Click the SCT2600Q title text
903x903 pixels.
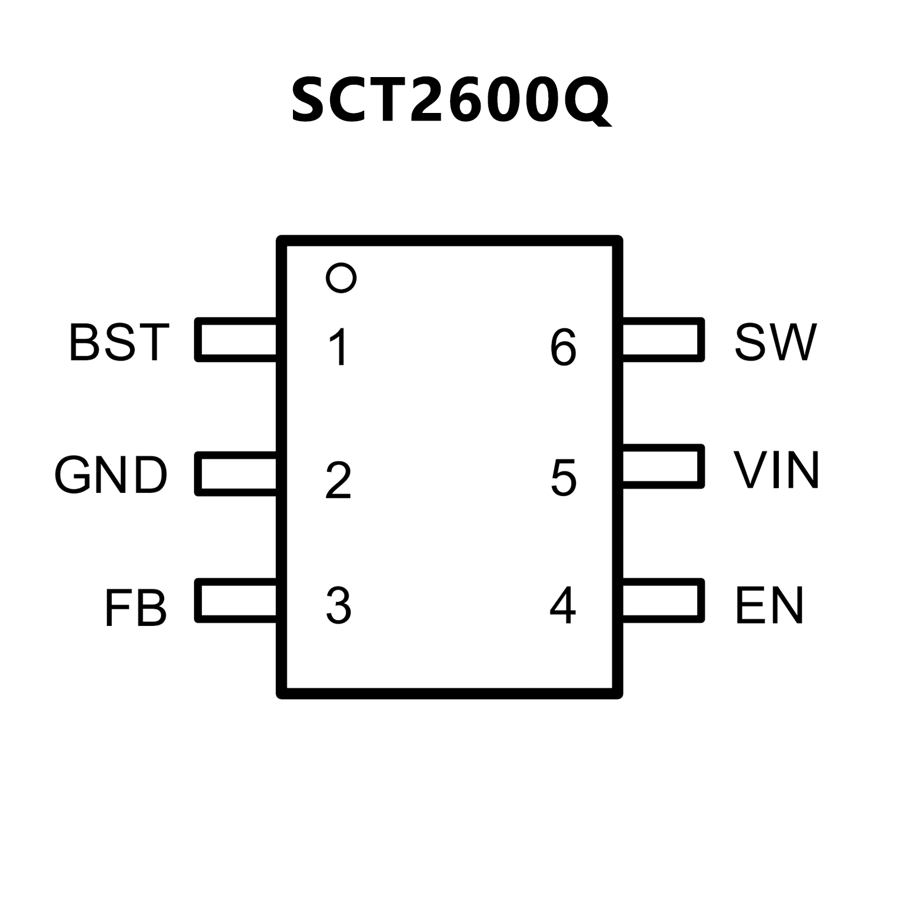(451, 100)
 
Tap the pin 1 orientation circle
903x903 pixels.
(341, 277)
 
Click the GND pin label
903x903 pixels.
(111, 475)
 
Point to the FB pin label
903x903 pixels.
(136, 608)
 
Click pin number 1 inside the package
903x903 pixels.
(339, 347)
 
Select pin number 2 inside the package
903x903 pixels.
(338, 481)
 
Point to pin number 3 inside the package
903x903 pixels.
(339, 605)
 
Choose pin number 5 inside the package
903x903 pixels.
(564, 478)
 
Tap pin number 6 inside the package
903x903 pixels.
(563, 347)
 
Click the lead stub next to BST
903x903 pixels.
(236, 339)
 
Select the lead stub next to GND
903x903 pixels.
(236, 474)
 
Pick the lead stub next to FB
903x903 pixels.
(236, 601)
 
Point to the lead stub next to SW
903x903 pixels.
(662, 339)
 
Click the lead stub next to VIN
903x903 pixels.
(662, 467)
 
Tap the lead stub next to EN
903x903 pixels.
(662, 601)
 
